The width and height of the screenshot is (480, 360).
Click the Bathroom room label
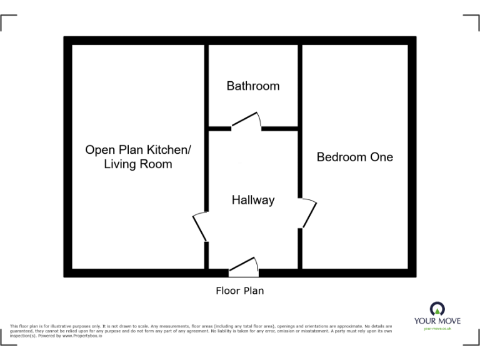(x=252, y=86)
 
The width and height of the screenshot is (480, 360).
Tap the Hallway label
(x=253, y=200)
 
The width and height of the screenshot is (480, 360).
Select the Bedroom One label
(x=354, y=157)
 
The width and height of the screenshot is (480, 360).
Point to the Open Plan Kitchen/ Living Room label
(x=138, y=157)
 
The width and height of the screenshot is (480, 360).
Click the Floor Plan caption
(x=240, y=291)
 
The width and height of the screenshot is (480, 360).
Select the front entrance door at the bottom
(x=244, y=267)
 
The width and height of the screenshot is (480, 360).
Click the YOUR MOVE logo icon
(x=437, y=309)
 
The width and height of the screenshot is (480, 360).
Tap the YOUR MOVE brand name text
(x=437, y=321)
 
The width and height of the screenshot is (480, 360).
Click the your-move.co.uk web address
(x=437, y=328)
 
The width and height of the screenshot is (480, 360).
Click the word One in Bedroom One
(x=381, y=157)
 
